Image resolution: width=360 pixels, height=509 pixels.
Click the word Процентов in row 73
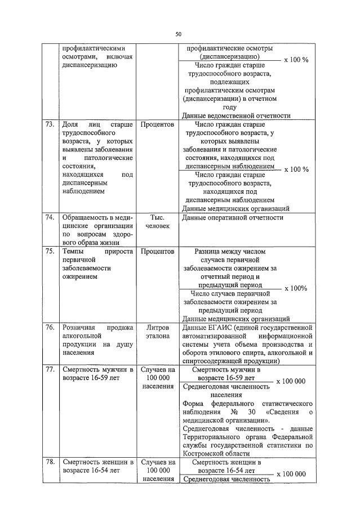158,124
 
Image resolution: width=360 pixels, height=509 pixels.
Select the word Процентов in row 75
158,251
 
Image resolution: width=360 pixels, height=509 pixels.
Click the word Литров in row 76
158,327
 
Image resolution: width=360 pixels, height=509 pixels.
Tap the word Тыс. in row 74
158,217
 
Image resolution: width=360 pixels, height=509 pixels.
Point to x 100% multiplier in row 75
296,288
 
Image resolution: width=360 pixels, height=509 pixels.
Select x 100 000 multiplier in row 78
292,474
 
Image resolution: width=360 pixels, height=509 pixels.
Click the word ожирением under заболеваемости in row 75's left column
79,278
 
